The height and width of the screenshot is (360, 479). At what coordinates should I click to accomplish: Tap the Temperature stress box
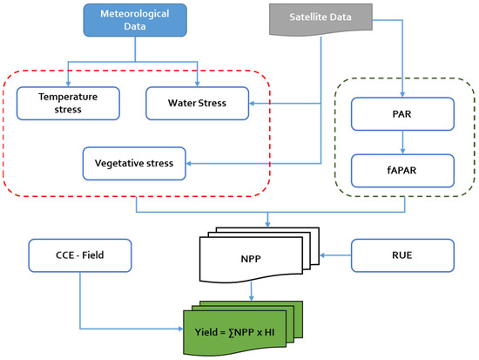point(68,103)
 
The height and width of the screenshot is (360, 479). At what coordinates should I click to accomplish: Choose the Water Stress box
point(197,103)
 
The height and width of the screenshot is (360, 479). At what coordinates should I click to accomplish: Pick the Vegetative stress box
point(136,162)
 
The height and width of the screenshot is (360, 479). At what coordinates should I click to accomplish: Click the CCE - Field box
point(79,255)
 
